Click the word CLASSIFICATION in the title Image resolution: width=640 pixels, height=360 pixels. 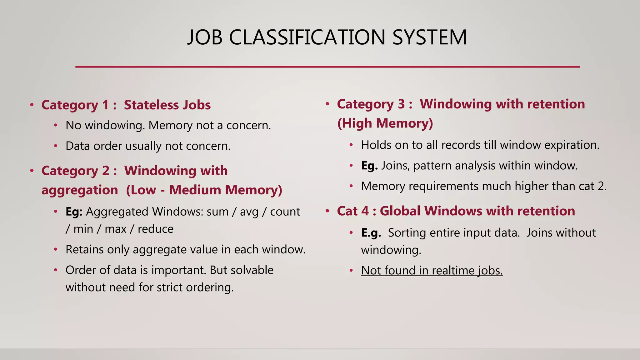[307, 37]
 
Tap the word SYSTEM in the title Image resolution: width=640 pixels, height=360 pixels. [429, 37]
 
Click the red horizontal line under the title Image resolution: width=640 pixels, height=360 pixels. [327, 67]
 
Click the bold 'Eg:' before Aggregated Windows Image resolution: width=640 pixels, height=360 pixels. [74, 212]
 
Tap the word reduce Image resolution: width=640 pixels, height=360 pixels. [155, 229]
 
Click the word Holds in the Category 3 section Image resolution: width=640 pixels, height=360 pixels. [375, 145]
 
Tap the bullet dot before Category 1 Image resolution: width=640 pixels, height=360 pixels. [32, 105]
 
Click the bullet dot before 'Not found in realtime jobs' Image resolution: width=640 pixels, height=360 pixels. [351, 270]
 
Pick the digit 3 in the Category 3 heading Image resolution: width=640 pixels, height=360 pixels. [401, 104]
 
